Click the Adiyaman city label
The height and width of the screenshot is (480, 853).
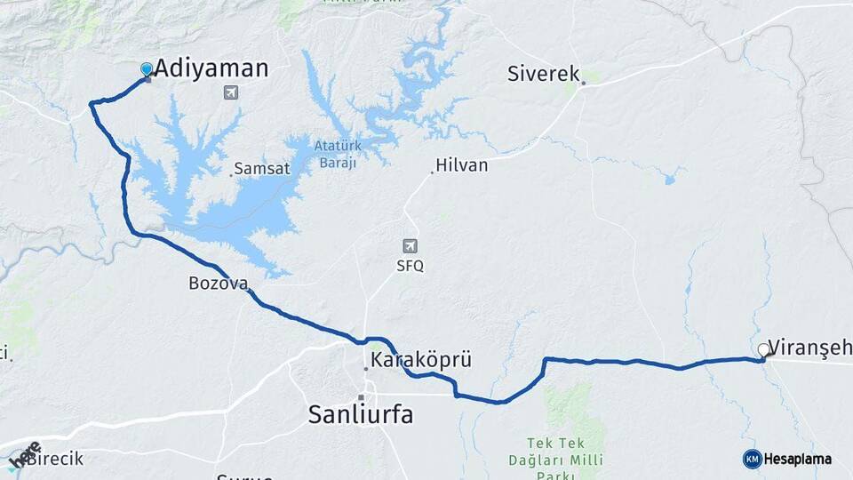tap(211, 69)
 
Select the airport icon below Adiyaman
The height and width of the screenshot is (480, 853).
tap(232, 92)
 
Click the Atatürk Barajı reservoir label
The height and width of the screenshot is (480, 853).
tap(335, 154)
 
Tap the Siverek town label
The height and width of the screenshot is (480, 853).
tap(543, 74)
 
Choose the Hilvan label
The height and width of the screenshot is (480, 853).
tap(462, 165)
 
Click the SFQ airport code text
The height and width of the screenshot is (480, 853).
tap(410, 266)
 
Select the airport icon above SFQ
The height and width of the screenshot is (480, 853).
tap(409, 246)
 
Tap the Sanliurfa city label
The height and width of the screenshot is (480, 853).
tap(361, 414)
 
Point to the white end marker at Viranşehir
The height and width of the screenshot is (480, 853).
tap(764, 350)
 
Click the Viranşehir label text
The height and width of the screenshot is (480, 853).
tap(809, 347)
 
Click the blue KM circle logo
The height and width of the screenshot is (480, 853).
tap(752, 459)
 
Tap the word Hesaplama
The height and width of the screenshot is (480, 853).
tap(798, 460)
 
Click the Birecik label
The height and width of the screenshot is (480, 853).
tap(54, 459)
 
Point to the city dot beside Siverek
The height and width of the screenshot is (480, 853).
tap(584, 84)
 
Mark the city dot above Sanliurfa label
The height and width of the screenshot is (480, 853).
tap(361, 396)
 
